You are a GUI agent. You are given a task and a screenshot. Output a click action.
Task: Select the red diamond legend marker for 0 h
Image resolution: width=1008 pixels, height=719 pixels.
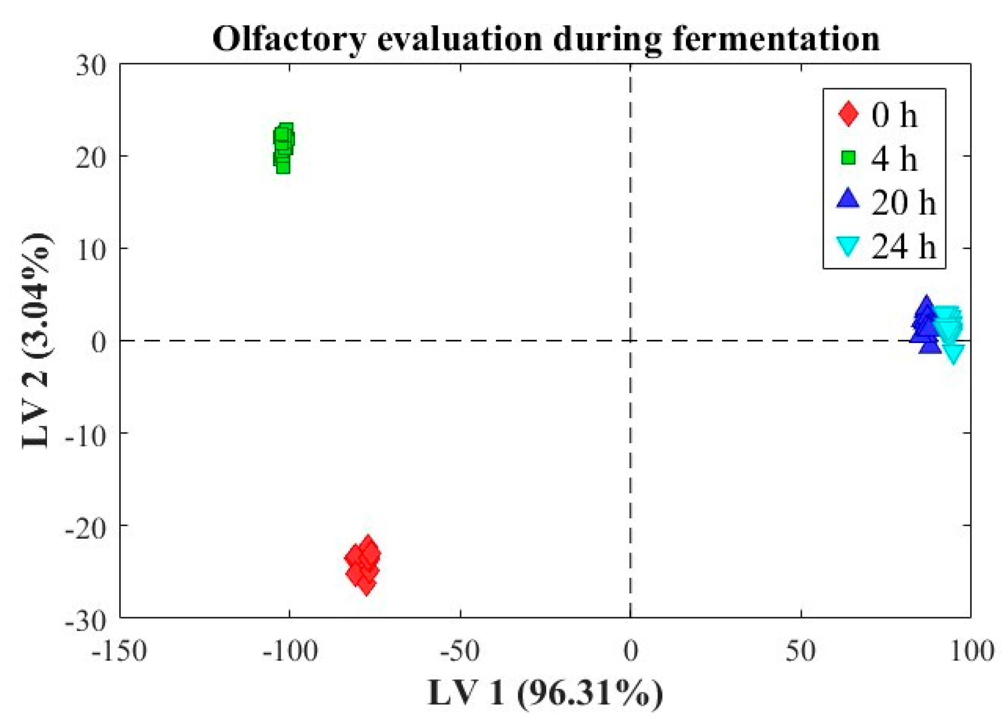(x=848, y=114)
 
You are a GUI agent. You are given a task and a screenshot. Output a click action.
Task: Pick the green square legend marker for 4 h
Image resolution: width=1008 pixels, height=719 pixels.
(x=848, y=157)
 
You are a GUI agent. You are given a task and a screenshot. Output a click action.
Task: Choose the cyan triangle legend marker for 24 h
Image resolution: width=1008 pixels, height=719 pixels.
(x=848, y=246)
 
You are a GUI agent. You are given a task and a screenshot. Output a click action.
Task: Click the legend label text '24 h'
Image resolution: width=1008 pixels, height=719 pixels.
(x=904, y=246)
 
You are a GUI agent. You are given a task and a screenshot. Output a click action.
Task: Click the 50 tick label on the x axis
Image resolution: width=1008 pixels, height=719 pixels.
(x=801, y=652)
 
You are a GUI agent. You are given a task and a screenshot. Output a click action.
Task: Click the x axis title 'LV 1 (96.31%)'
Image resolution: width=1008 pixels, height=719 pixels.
(x=546, y=693)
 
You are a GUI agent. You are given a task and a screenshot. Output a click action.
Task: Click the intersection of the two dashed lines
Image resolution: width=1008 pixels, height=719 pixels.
(x=630, y=341)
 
